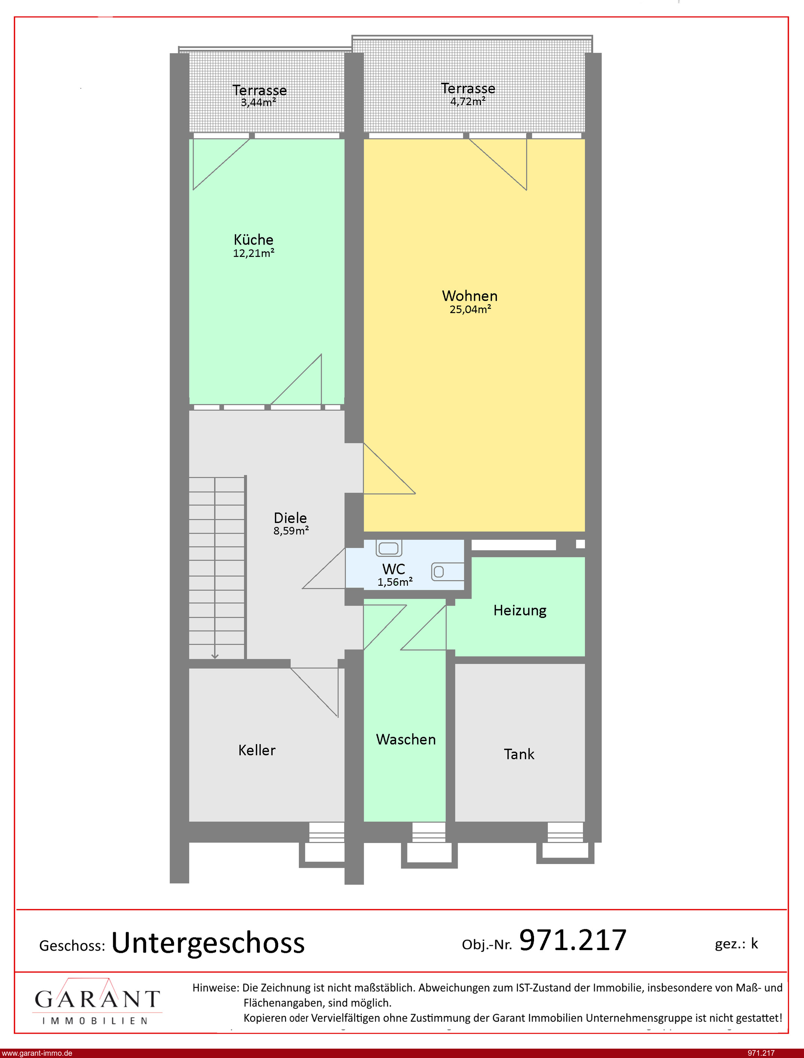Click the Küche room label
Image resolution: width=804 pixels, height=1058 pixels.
point(253,239)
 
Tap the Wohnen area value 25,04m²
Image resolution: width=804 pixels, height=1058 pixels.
point(470,309)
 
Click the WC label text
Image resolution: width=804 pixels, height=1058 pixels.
point(393,569)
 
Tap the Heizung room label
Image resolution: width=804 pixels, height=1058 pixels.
point(520,610)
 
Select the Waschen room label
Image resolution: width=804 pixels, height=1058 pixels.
point(406,739)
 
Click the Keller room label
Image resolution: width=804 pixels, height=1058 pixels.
point(257,750)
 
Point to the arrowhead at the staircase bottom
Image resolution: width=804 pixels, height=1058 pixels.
point(215,656)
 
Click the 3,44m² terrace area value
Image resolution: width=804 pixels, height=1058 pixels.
point(258,102)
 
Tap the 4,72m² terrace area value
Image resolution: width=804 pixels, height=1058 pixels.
point(468,101)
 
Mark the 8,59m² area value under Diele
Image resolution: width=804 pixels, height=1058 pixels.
point(291,531)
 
